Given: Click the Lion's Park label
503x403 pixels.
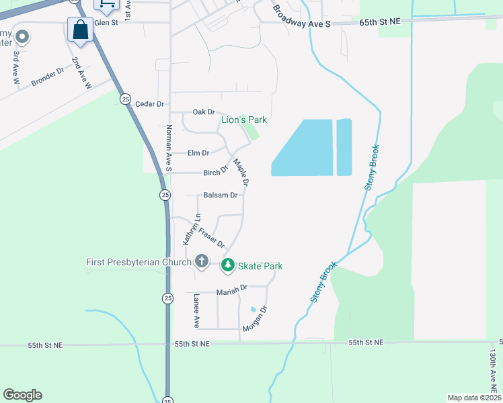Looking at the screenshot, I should pos(245,120).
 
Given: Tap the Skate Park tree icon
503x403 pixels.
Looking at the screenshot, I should pos(228,265).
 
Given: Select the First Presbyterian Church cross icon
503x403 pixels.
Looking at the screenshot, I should pos(201,261).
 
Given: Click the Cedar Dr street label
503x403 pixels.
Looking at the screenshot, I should pos(150,104).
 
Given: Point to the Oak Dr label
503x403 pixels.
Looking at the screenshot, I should pos(203,112).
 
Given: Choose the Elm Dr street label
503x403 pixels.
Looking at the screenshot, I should pos(198,153).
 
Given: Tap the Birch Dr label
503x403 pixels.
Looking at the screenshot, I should pos(216,173).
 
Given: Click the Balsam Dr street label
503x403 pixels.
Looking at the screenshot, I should pos(220,195).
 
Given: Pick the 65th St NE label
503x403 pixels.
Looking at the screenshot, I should pos(381,22).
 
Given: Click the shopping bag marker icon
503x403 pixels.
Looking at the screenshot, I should pos(80,30).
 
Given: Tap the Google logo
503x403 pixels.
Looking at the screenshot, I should pos(22,395).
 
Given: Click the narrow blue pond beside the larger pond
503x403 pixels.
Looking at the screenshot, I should pos(344,147).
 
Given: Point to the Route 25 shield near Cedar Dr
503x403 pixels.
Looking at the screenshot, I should pos(126,99).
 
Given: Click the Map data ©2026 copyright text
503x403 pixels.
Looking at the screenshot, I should pos(474,397).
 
